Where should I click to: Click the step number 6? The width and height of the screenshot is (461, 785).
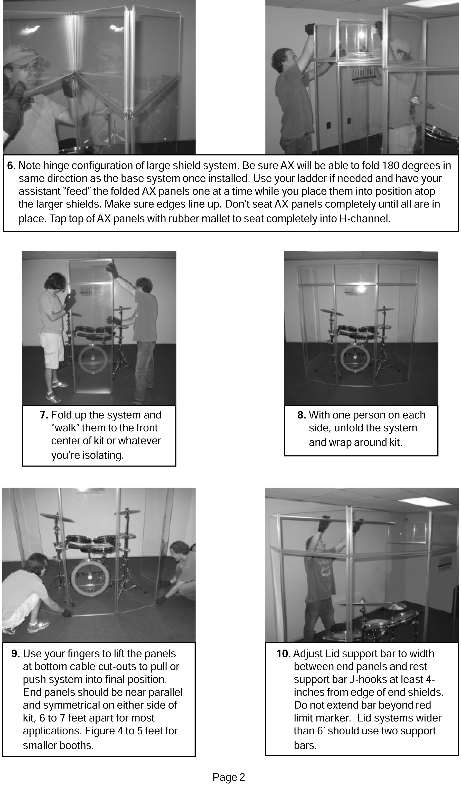click(x=11, y=166)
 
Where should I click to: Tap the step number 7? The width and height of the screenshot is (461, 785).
click(x=44, y=415)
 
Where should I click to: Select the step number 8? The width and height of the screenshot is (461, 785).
click(x=301, y=415)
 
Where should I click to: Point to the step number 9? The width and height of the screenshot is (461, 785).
click(x=16, y=654)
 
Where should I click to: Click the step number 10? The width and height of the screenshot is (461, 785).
click(x=283, y=654)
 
